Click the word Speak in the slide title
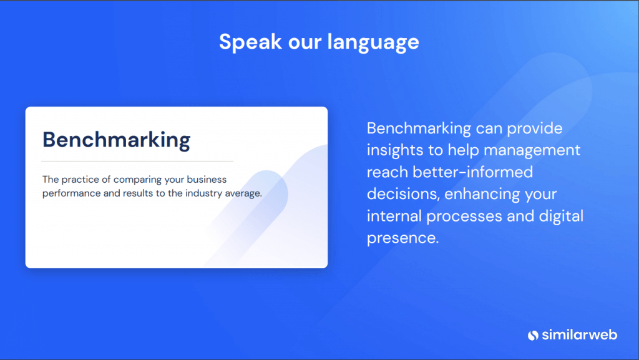pos(250,42)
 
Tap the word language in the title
pos(373,42)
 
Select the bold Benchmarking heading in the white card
pos(117,140)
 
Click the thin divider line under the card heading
pos(137,161)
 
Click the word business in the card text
pos(207,180)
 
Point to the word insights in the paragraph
pos(395,150)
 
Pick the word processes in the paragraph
pos(464,216)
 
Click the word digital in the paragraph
pos(561,216)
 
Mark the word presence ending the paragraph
pos(402,238)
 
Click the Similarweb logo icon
pos(533,335)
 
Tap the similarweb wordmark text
pos(580,335)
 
